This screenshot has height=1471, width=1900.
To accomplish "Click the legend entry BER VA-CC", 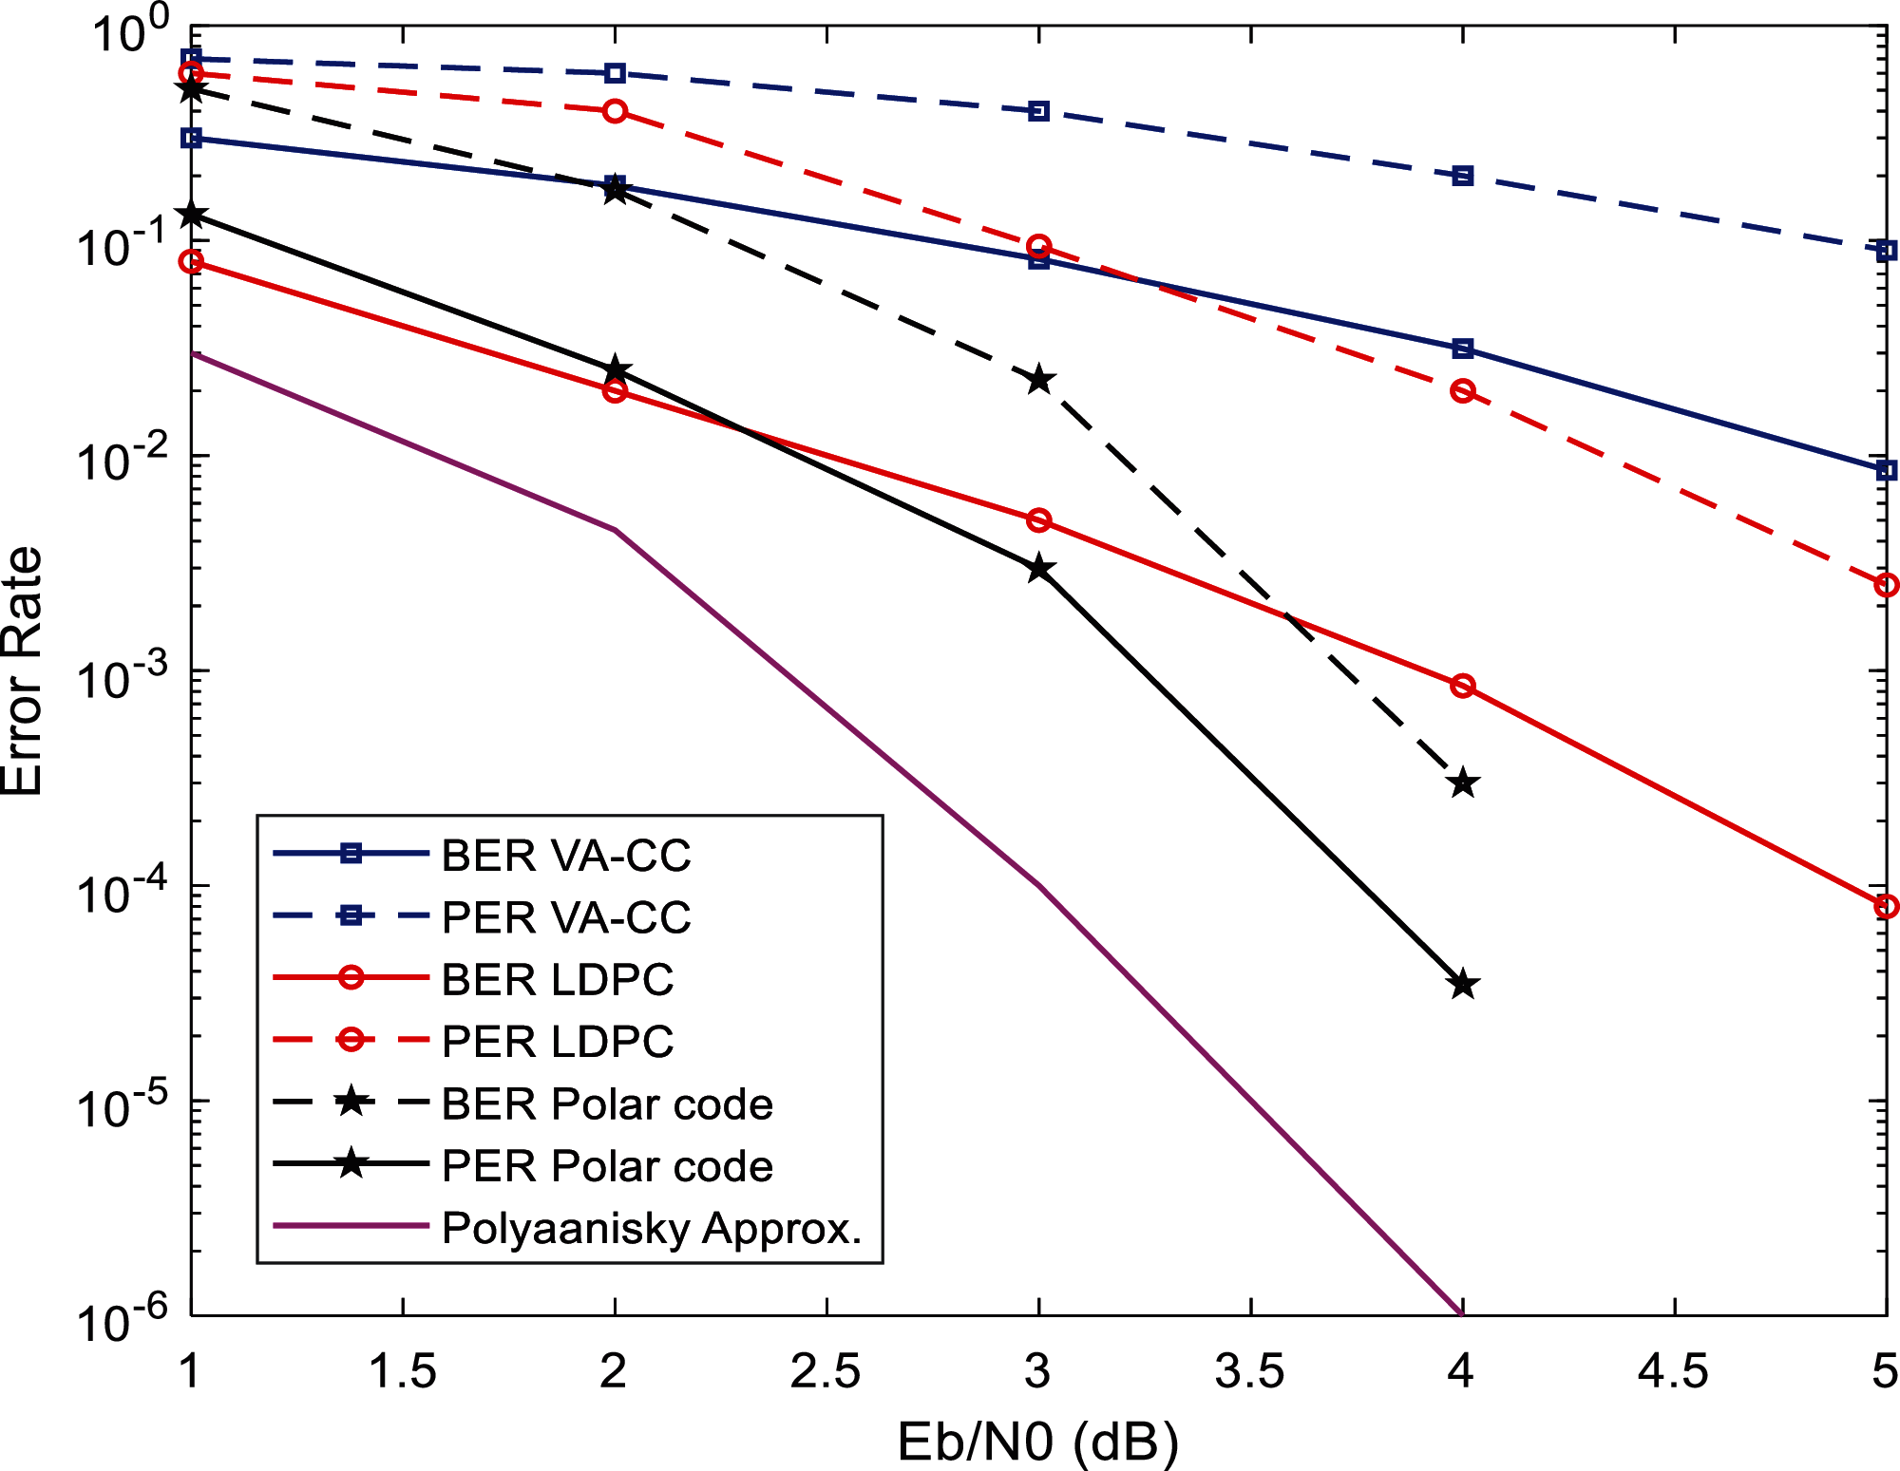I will [x=566, y=855].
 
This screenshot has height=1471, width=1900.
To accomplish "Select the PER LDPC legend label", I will [x=558, y=1042].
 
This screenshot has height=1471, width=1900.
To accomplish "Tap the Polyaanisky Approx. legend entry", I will [x=652, y=1228].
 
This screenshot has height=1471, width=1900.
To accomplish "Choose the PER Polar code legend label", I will [x=607, y=1166].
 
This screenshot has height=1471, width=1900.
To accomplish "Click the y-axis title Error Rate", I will [x=23, y=671].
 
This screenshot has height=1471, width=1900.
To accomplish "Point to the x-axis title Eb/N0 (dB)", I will [x=1037, y=1442].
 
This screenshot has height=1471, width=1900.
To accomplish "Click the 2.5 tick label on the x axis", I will [x=826, y=1371].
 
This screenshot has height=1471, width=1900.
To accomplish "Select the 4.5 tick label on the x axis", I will [x=1674, y=1371].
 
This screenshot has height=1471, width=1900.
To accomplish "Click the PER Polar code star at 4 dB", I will [x=1463, y=985].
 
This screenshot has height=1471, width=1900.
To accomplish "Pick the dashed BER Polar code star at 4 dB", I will [x=1463, y=783].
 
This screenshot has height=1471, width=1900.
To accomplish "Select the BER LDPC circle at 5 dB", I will [x=1886, y=906].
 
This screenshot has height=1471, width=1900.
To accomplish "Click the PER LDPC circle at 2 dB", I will [x=616, y=111].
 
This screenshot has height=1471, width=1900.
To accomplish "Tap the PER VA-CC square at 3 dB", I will [x=1039, y=111].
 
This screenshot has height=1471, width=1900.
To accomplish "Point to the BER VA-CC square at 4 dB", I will [x=1463, y=349].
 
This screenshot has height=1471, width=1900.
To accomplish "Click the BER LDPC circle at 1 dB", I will [x=192, y=261].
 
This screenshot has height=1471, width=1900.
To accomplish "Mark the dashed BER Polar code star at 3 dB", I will [x=1039, y=380].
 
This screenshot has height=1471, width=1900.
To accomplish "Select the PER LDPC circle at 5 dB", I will [x=1886, y=585].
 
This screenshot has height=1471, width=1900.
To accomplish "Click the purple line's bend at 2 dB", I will [x=616, y=530].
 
